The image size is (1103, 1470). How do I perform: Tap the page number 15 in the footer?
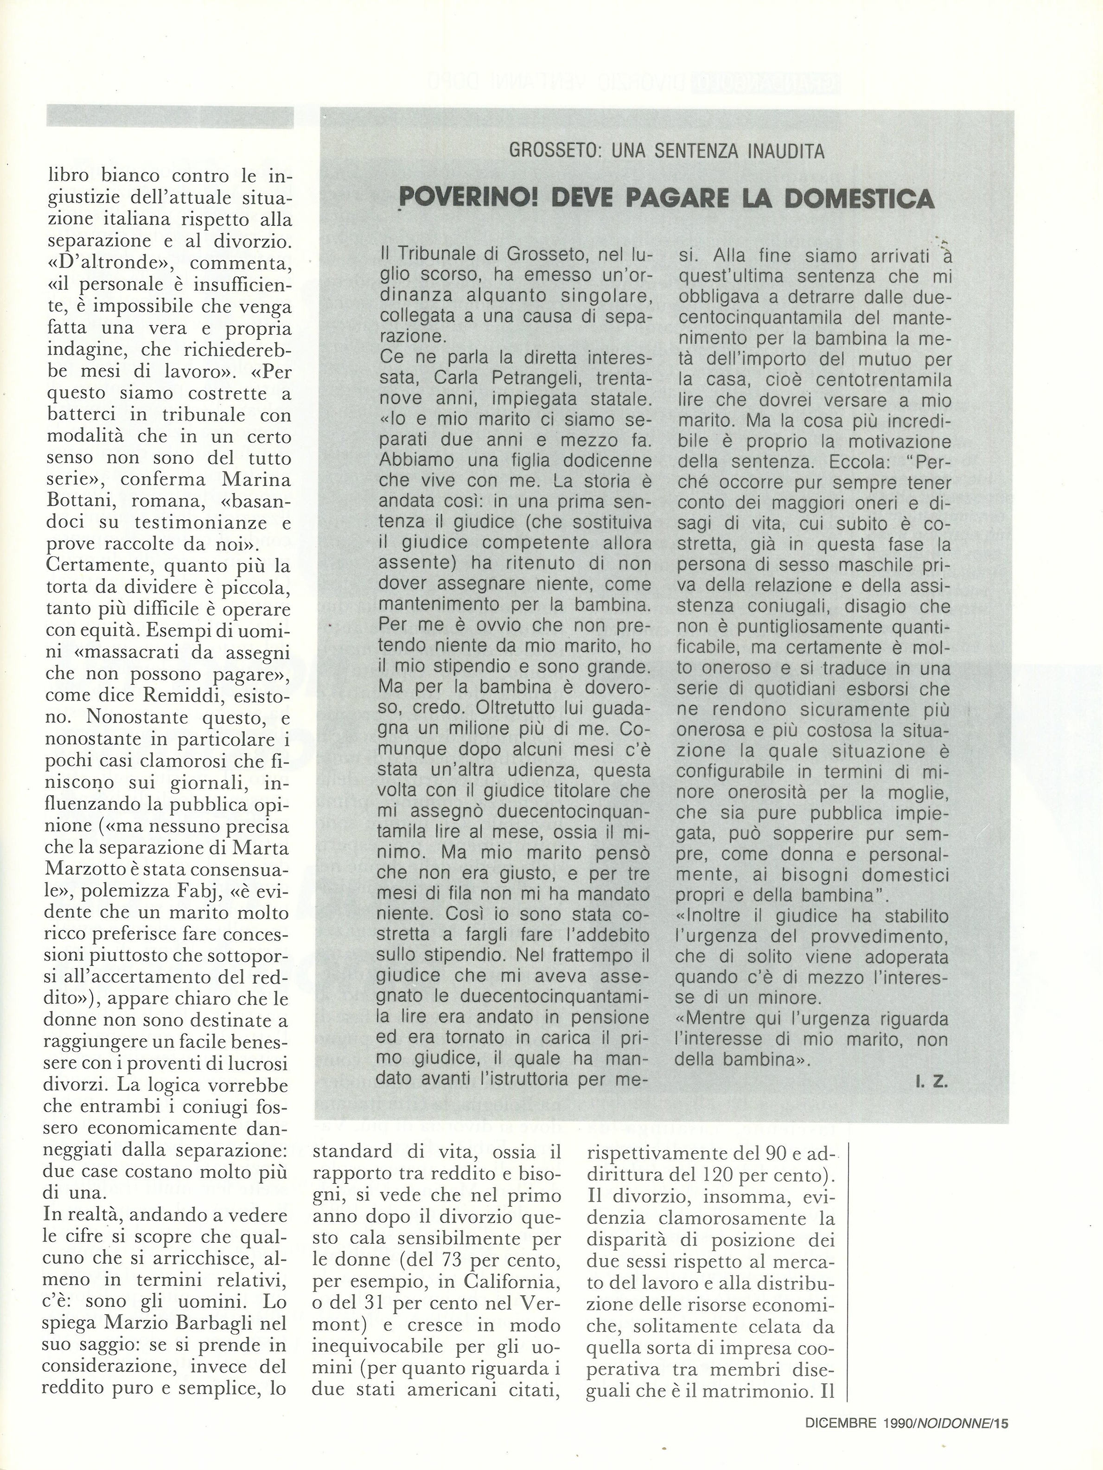[x=1001, y=1418]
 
